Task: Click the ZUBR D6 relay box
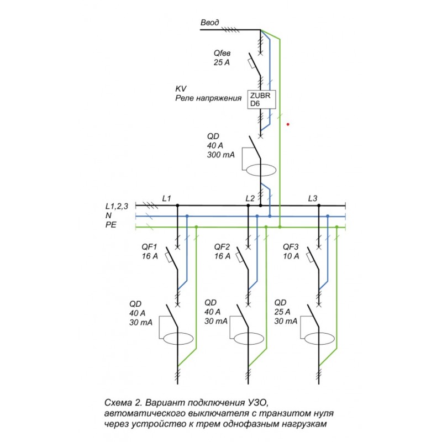260,99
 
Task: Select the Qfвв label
223,53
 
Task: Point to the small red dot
288,125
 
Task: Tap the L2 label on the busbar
250,197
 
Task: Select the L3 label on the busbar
313,197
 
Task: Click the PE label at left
110,225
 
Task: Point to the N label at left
108,216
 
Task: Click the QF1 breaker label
150,247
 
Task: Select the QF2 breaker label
222,247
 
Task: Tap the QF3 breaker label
291,247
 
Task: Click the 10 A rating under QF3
291,256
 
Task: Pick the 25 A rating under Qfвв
222,62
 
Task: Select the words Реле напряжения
208,98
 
